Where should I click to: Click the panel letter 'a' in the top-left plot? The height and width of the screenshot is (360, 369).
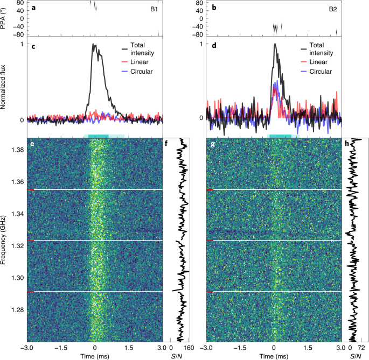(33, 8)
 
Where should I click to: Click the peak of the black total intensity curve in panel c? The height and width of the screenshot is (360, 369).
(94, 45)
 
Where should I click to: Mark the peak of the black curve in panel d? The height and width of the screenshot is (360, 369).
(275, 44)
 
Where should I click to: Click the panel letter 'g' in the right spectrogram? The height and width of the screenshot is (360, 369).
(213, 145)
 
